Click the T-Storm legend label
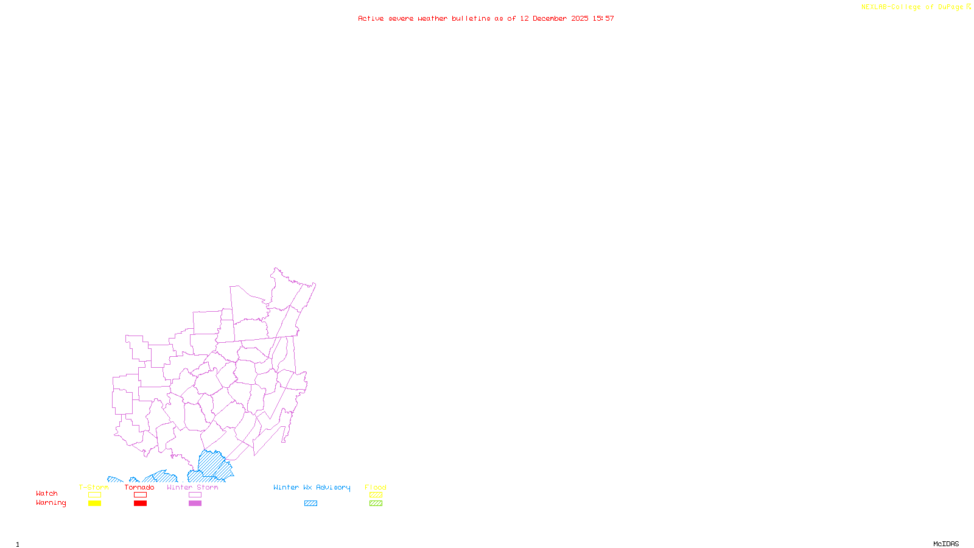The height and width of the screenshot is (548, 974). (x=94, y=487)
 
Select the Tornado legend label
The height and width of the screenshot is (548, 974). (x=139, y=487)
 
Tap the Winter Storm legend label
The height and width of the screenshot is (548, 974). (x=192, y=487)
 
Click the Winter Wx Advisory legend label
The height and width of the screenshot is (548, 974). (x=312, y=487)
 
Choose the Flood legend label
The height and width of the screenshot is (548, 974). (x=376, y=487)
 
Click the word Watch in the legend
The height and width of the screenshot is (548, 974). (x=47, y=493)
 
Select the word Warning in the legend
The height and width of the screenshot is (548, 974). (x=51, y=503)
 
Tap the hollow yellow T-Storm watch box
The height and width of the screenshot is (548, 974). (x=94, y=495)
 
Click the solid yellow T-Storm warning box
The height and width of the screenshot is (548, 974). (x=94, y=504)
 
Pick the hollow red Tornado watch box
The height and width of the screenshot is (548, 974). (x=140, y=495)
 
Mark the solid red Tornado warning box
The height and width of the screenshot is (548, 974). (x=140, y=504)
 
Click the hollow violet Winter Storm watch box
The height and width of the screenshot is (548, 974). (x=195, y=495)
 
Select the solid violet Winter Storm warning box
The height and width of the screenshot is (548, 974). (x=195, y=504)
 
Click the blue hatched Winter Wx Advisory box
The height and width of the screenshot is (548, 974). (x=310, y=504)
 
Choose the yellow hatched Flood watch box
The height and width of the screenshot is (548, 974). (x=376, y=495)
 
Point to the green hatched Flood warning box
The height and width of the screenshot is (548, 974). (x=376, y=504)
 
